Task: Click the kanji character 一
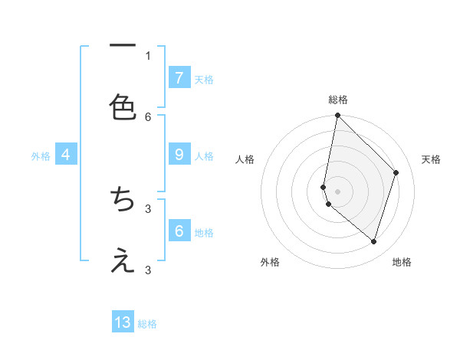(x=123, y=47)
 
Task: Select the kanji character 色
(x=123, y=106)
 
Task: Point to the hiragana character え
(x=123, y=261)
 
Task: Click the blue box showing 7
(x=179, y=78)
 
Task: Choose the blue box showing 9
(x=179, y=155)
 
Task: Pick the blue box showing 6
(x=179, y=231)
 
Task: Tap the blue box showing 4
(x=66, y=155)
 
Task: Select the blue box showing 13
(x=123, y=322)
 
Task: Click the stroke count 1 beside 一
(x=148, y=55)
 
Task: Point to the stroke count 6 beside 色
(x=148, y=116)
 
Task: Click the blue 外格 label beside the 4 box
(x=41, y=155)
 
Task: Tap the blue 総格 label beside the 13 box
(x=147, y=324)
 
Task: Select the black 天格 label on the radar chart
(x=431, y=159)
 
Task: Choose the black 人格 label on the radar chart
(x=245, y=159)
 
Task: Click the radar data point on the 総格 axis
(x=337, y=115)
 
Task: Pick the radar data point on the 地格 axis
(x=373, y=241)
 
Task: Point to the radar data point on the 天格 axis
(x=396, y=172)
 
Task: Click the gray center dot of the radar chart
(x=337, y=191)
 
